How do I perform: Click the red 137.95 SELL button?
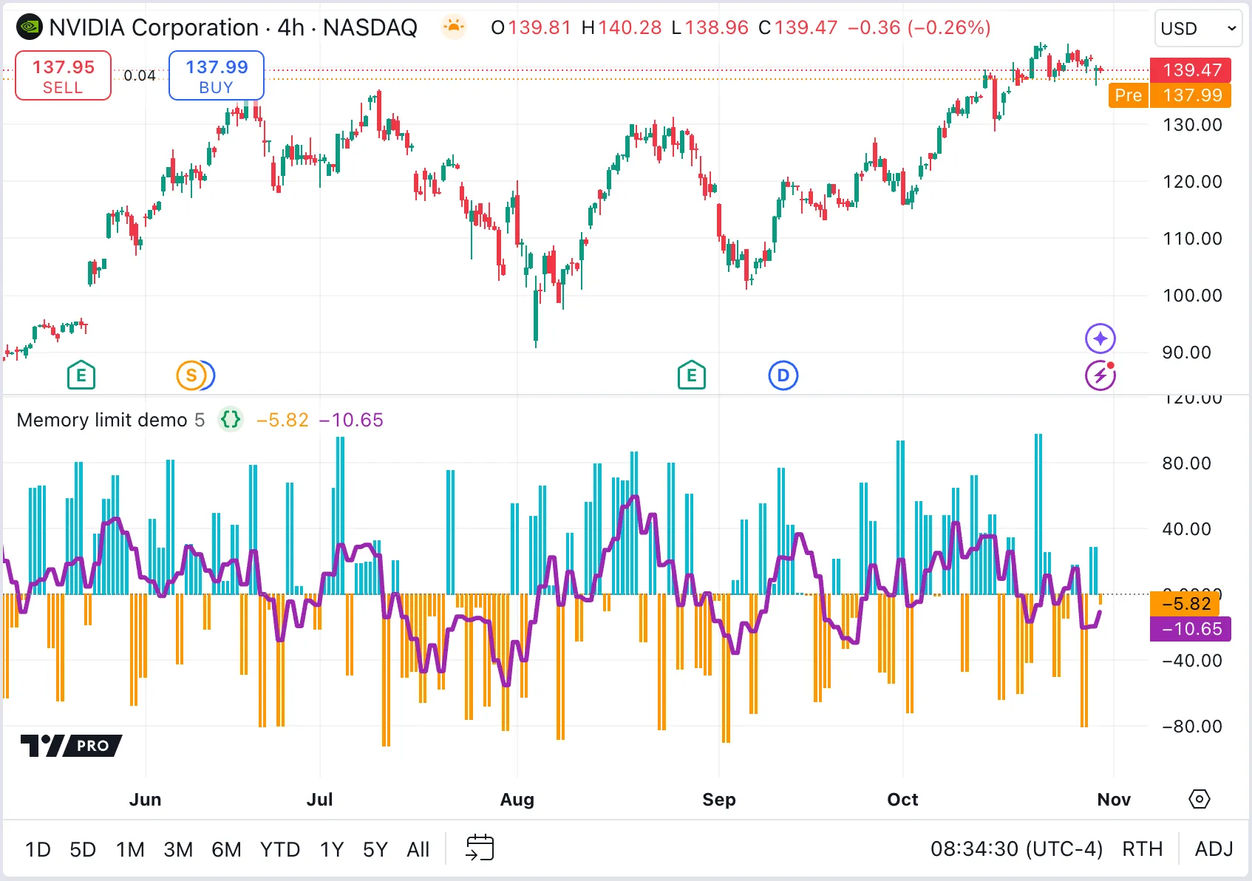[x=63, y=75]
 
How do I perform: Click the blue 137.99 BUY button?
[x=216, y=75]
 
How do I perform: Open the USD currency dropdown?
[x=1197, y=29]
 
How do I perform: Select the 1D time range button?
[x=38, y=849]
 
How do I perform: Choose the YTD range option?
[x=279, y=849]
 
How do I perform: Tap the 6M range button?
[x=226, y=849]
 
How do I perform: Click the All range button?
[x=418, y=849]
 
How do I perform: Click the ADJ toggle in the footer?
[x=1214, y=848]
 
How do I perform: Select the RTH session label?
[x=1142, y=848]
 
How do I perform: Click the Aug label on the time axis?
[x=517, y=800]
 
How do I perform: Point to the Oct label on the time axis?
[x=902, y=800]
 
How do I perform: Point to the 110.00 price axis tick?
[x=1192, y=239]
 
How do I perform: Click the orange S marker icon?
[x=191, y=375]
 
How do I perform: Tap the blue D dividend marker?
[x=783, y=375]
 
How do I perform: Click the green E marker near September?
[x=691, y=375]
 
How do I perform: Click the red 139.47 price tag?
[x=1191, y=70]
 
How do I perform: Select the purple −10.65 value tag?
[x=1191, y=629]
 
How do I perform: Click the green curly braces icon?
[x=231, y=420]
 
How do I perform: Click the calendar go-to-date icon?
[x=480, y=848]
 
